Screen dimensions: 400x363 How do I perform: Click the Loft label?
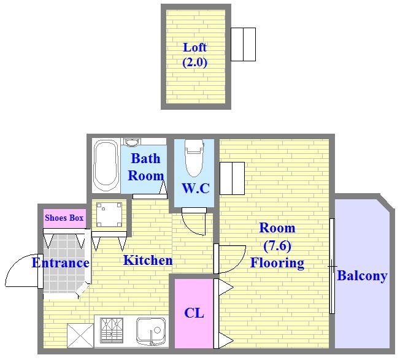point(194,47)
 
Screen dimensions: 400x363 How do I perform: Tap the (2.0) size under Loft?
point(194,62)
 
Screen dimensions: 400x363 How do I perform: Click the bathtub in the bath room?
point(106,166)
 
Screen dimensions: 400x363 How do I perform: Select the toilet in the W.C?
point(194,158)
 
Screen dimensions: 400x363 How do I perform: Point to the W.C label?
point(196,188)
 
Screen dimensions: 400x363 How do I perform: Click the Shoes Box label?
point(64,218)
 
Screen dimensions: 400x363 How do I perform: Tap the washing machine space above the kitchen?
point(109,214)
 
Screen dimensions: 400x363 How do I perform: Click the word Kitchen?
point(148,260)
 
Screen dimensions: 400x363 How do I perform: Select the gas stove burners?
point(112,331)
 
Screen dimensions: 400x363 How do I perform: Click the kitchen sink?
point(151,331)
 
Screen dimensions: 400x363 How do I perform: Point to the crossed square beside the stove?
point(80,335)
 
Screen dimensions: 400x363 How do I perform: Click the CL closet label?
point(194,313)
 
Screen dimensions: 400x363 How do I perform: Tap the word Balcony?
point(362,276)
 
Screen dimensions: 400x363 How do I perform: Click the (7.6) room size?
point(277,246)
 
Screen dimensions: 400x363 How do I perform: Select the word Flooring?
point(277,263)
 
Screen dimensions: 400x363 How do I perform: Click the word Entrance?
point(61,263)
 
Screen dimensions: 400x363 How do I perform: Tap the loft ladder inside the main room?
point(232,178)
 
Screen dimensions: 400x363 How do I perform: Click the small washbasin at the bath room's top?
point(132,142)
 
